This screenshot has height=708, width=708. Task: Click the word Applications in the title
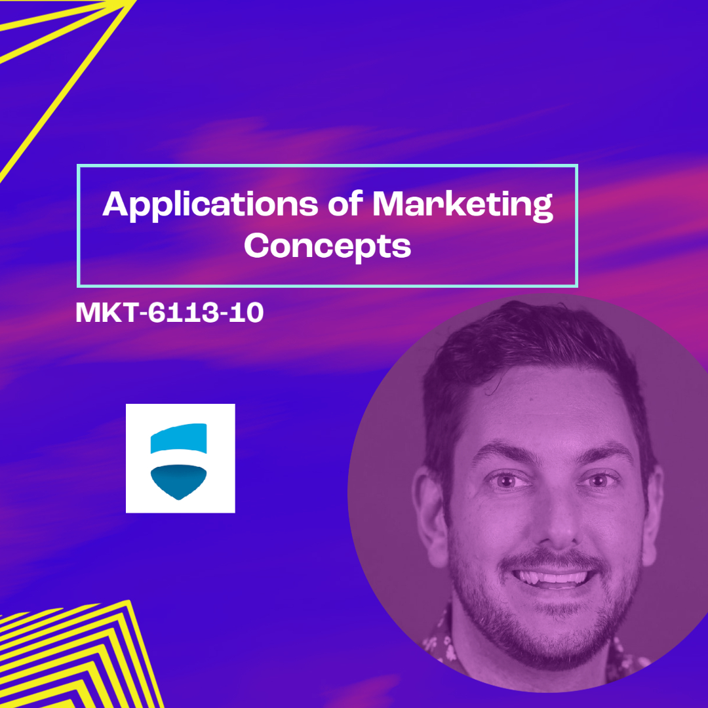point(210,205)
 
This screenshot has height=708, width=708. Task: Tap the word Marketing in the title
point(463,205)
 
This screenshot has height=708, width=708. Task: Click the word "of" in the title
point(345,203)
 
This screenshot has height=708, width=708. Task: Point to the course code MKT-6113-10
point(170,312)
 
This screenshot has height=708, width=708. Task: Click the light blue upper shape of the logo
point(179,438)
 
